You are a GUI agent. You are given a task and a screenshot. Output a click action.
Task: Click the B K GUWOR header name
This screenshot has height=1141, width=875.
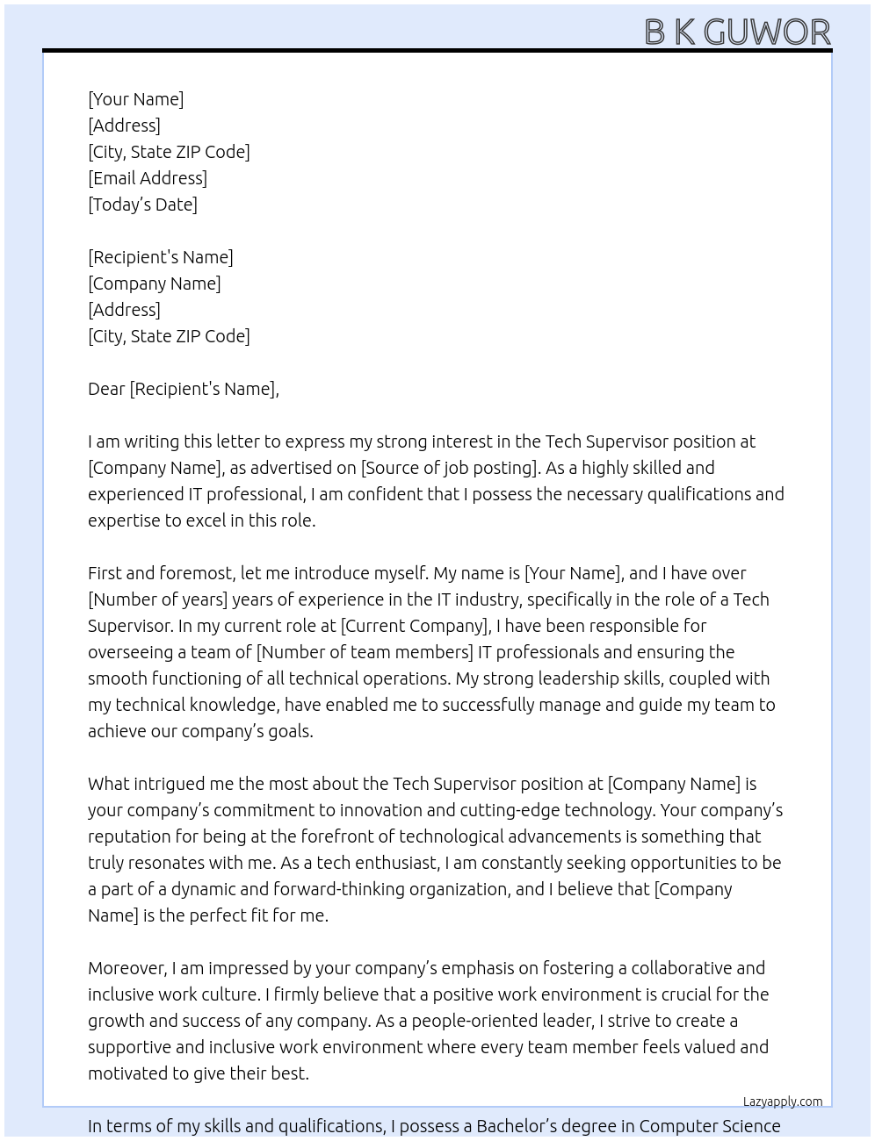tap(737, 32)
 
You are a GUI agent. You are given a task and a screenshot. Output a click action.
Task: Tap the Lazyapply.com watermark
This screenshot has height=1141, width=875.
tap(783, 1102)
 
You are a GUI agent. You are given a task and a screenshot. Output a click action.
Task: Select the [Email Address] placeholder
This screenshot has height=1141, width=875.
tap(148, 178)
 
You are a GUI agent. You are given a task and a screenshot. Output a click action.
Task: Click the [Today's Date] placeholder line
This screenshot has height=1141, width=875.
tap(142, 205)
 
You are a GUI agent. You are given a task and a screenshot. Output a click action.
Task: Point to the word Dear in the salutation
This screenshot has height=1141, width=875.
tap(106, 389)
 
